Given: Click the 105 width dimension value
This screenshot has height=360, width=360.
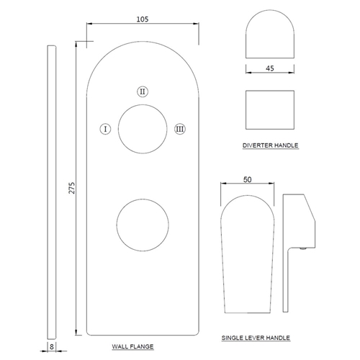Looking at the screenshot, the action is pos(143,19).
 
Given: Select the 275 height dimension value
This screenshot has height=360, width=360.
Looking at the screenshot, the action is pos(72,188).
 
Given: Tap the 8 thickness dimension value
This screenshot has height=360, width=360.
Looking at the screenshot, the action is pos(52,346).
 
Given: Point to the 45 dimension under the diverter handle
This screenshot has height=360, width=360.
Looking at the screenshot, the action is pos(270,68).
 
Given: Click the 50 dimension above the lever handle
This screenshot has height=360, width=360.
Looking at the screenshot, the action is pos(247,179).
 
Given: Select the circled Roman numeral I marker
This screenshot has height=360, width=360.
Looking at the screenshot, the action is pos(105,129).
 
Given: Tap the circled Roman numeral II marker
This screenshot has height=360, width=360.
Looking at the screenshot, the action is pos(143,91).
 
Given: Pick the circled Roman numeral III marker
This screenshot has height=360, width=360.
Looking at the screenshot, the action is pos(180,129).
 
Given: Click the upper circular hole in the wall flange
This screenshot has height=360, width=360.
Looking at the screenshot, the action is pos(143,104).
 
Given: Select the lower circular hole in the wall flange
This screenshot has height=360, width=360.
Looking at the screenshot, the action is pos(143,199).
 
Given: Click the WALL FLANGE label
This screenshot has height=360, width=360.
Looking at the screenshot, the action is pos(132,346).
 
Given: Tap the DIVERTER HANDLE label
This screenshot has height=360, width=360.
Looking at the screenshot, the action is pos(271,145).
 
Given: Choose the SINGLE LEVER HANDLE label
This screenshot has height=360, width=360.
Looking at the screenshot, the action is pos(256,338).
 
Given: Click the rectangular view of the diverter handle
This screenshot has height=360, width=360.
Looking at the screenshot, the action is pos(270,91).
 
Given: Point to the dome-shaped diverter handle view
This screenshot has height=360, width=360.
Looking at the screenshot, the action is pos(270,10).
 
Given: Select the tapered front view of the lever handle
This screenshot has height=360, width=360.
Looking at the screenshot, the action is pos(248,195).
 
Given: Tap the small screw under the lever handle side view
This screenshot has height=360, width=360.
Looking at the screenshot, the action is pos(304,249).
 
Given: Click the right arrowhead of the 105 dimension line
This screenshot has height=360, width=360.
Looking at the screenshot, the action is pos(197,24).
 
